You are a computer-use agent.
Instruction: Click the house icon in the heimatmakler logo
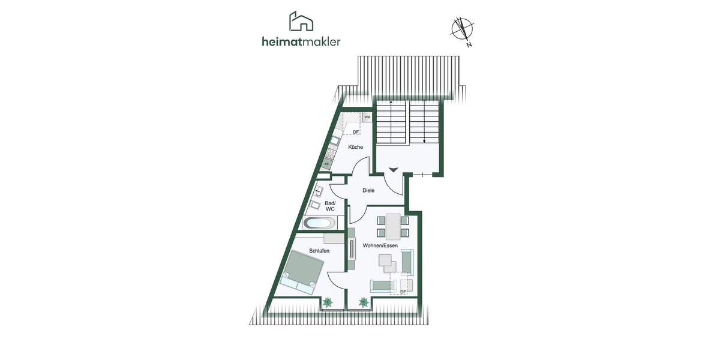tap(301, 22)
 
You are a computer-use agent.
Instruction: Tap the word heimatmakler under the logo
tap(301, 41)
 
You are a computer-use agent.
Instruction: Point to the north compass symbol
tap(462, 29)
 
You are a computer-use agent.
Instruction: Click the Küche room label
tap(355, 147)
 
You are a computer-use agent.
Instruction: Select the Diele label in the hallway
tap(368, 190)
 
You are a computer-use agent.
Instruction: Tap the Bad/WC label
tap(330, 206)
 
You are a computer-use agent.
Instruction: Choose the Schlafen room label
tap(319, 251)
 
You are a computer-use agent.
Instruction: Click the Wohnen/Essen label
tap(380, 245)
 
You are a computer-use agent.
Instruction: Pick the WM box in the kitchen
tap(367, 117)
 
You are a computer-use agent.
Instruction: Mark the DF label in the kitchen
tap(356, 132)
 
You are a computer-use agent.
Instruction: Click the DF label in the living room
tap(403, 292)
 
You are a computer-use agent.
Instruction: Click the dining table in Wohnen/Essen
tap(393, 226)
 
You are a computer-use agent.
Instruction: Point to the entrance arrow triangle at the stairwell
tap(392, 170)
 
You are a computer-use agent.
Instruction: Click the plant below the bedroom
tap(328, 303)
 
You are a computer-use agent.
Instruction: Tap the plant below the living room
tap(364, 303)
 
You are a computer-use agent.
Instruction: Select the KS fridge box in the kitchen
tap(327, 163)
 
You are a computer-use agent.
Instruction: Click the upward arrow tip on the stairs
tap(391, 103)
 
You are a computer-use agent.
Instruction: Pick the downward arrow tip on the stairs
tap(425, 142)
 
